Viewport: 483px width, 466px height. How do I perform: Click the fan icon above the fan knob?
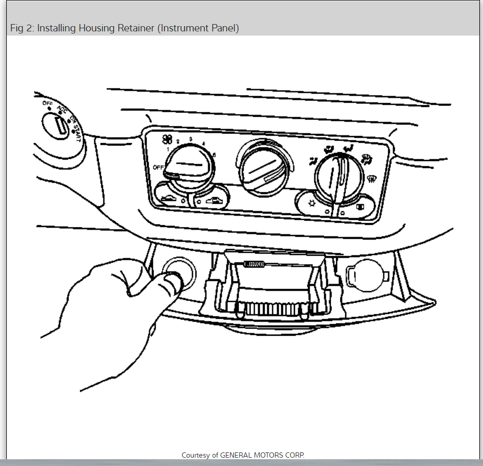[167, 139]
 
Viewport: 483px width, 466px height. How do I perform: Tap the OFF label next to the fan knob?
[159, 167]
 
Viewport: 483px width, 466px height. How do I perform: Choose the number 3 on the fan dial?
[190, 139]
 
